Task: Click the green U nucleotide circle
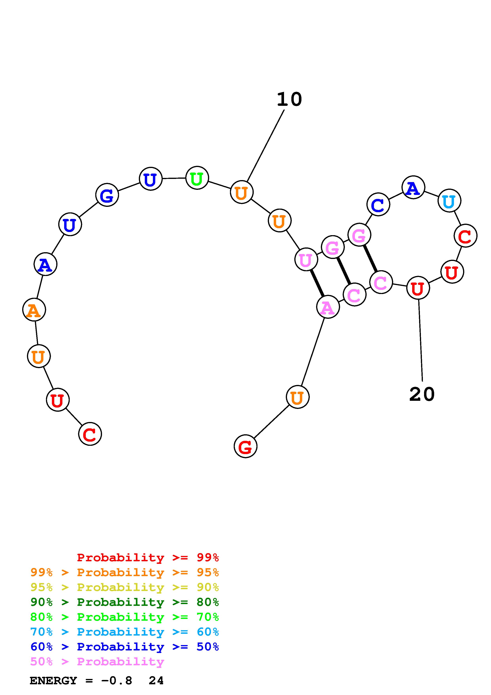(197, 178)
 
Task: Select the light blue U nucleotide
(449, 201)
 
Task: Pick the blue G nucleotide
(107, 195)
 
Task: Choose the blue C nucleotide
(378, 205)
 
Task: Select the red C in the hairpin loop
(465, 236)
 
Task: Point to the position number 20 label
(422, 394)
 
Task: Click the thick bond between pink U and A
(317, 283)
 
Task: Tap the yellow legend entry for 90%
(125, 587)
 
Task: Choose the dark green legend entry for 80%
(125, 602)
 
